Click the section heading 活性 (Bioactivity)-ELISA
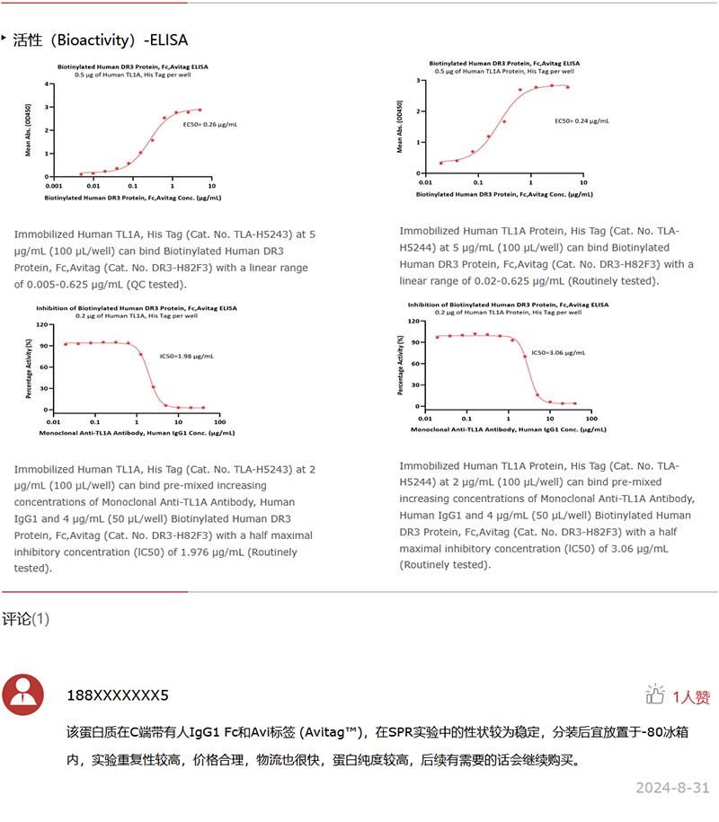(101, 40)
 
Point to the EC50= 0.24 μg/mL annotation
(581, 120)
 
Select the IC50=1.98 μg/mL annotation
(186, 356)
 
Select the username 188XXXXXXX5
(118, 695)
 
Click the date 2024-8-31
(672, 788)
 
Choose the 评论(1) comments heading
(26, 619)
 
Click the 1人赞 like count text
(691, 696)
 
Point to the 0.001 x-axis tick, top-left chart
(53, 185)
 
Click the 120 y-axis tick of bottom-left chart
(41, 324)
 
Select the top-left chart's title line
(133, 66)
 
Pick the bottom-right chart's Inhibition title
(508, 305)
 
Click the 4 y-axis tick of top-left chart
(47, 84)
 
